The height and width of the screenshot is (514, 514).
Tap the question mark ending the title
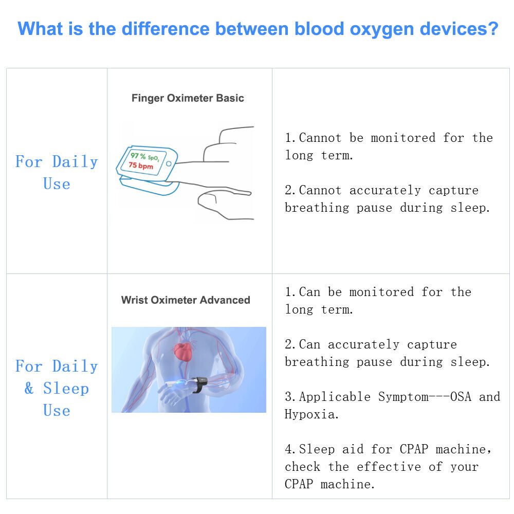(x=492, y=28)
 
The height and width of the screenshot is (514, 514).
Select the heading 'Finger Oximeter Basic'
(x=188, y=98)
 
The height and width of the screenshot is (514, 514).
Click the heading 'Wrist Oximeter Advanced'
(x=186, y=300)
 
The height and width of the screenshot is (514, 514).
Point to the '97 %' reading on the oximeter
(x=138, y=155)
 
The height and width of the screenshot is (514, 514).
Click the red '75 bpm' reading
(x=141, y=166)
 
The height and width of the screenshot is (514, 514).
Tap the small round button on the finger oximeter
(x=169, y=163)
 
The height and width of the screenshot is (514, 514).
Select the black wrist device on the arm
(x=199, y=384)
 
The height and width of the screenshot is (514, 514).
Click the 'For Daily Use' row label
(x=57, y=172)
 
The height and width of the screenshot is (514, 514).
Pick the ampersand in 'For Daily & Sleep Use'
(x=29, y=389)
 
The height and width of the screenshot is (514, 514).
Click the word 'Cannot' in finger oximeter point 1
(x=320, y=138)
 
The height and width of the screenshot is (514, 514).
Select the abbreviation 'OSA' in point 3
(x=461, y=397)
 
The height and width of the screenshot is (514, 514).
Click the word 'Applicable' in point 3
(x=335, y=397)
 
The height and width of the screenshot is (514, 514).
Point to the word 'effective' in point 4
(x=389, y=467)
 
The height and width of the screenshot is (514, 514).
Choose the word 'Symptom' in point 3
(x=403, y=397)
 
